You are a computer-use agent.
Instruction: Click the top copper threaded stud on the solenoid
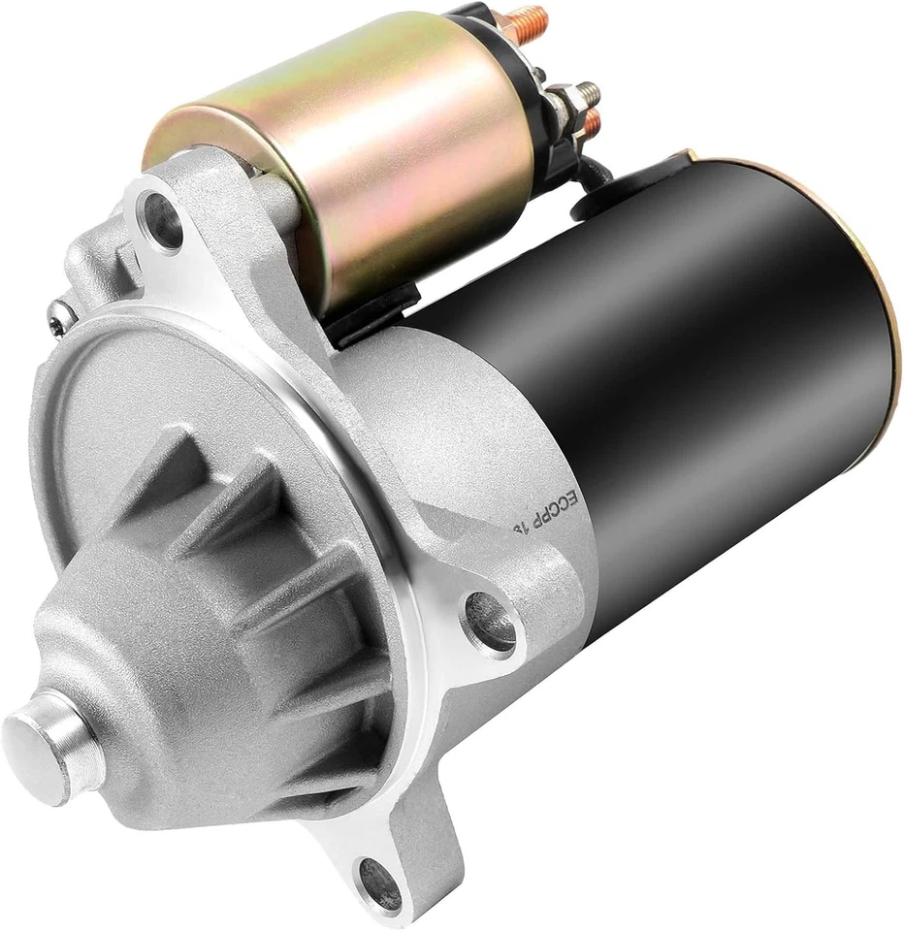coord(525,18)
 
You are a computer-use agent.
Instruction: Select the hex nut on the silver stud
coord(563,102)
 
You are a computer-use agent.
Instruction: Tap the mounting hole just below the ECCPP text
coord(489,615)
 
